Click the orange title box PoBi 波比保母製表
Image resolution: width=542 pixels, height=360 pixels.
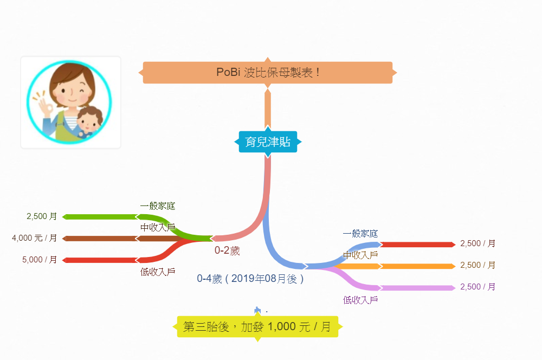click(x=268, y=72)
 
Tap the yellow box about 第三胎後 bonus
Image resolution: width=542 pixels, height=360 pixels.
click(x=257, y=327)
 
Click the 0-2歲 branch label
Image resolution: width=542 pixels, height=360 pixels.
click(x=227, y=250)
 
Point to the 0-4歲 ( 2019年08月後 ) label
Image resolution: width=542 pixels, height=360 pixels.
click(x=250, y=279)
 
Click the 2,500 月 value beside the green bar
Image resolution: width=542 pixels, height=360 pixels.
click(x=42, y=216)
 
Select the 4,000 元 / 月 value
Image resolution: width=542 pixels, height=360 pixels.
click(x=35, y=237)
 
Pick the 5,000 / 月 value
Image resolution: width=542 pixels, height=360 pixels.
click(x=40, y=259)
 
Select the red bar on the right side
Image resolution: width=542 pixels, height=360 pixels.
click(x=417, y=245)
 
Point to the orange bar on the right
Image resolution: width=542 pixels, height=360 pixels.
click(x=417, y=266)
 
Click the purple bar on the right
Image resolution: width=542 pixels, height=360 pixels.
click(x=417, y=288)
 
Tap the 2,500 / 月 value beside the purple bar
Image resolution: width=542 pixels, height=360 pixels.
click(x=478, y=286)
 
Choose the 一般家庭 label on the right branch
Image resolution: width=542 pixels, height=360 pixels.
click(x=360, y=234)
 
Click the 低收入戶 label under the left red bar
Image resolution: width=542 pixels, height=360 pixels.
click(x=158, y=272)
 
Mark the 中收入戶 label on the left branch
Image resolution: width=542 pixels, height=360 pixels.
click(x=158, y=227)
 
